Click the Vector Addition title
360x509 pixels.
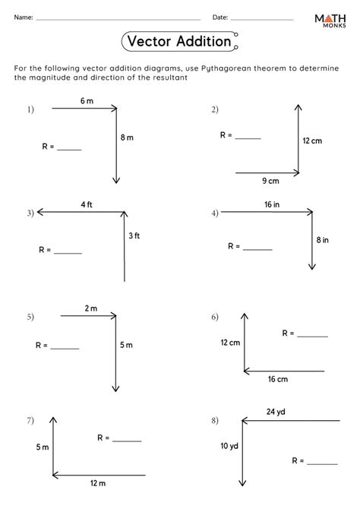pyautogui.click(x=180, y=42)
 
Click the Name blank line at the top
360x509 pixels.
pyautogui.click(x=118, y=18)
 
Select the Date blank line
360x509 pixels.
pyautogui.click(x=262, y=18)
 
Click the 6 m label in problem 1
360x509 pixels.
pyautogui.click(x=86, y=101)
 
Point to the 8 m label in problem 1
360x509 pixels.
pyautogui.click(x=127, y=138)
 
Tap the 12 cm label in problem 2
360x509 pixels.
pyautogui.click(x=312, y=141)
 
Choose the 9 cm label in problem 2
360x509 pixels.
pyautogui.click(x=270, y=181)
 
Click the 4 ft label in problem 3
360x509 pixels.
pyautogui.click(x=87, y=204)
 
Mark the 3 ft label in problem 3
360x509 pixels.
pyautogui.click(x=134, y=236)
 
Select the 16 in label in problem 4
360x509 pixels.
pyautogui.click(x=270, y=204)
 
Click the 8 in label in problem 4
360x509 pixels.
pyautogui.click(x=323, y=240)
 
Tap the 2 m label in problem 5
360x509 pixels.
pyautogui.click(x=91, y=308)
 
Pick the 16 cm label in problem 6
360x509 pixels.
pyautogui.click(x=278, y=379)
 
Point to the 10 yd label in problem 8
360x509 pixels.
pyautogui.click(x=229, y=446)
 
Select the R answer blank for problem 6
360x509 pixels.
pyautogui.click(x=313, y=336)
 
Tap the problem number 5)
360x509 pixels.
pyautogui.click(x=30, y=316)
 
